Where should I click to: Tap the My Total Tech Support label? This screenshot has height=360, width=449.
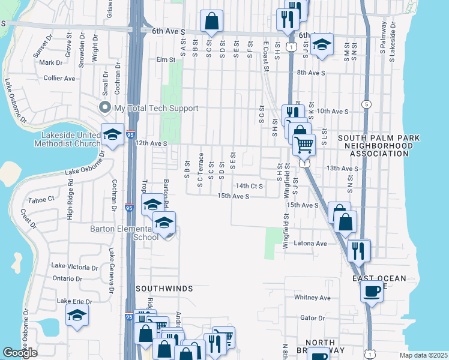pos(155,108)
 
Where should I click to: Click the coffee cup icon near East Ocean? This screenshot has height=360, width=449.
pos(372,292)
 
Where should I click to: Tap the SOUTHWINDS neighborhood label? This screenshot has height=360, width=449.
pos(164,289)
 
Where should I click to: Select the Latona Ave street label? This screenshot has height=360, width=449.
pos(310,244)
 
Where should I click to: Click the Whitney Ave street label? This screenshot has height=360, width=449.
pos(313,298)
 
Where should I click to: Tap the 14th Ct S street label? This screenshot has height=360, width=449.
pos(250,186)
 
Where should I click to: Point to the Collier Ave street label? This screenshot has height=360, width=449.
pos(59,78)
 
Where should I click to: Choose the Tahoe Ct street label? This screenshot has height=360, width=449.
pos(42,199)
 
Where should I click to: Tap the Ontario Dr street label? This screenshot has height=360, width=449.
pos(67,278)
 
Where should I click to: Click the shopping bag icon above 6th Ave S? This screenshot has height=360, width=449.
pos(211,22)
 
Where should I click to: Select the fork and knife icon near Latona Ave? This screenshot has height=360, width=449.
pos(359,250)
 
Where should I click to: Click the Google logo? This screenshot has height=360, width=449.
pos(20,352)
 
